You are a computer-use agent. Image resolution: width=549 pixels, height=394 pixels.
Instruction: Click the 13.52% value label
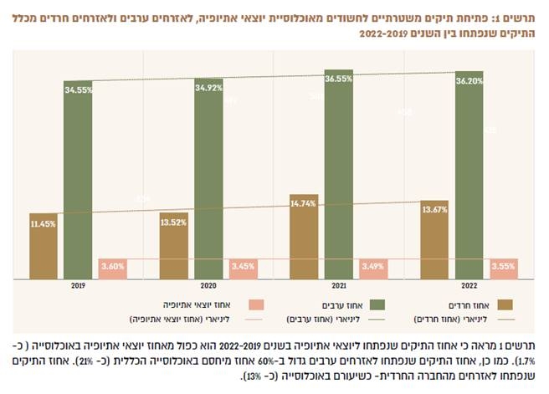173,223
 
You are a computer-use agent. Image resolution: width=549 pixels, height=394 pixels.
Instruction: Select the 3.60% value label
112,266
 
